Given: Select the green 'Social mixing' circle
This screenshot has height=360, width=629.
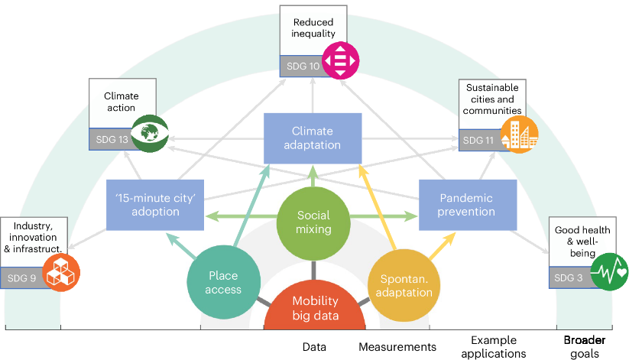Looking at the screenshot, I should coord(314,222).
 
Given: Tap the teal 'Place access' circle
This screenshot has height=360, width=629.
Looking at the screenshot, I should coord(223,282).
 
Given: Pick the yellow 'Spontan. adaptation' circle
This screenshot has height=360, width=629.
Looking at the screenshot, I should coord(404,283).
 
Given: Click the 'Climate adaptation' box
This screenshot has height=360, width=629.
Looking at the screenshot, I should coord(313,138).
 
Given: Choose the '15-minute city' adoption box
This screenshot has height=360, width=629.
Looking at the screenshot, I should coord(155,205).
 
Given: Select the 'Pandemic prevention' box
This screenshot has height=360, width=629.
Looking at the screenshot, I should coord(467,205).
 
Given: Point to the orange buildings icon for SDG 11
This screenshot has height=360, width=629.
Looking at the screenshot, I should coord(520,135).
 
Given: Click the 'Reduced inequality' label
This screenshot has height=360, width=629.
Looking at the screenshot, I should coord(314,28).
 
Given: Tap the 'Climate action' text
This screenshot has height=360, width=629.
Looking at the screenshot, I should coord(122,102).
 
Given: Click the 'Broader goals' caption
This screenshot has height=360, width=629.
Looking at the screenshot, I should coord(585,346).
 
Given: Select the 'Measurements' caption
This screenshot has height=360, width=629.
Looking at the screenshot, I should coord(397,347).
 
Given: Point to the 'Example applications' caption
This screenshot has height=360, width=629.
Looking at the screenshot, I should coord(494,346).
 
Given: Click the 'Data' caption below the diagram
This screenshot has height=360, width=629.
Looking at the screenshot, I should coord(314,347).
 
